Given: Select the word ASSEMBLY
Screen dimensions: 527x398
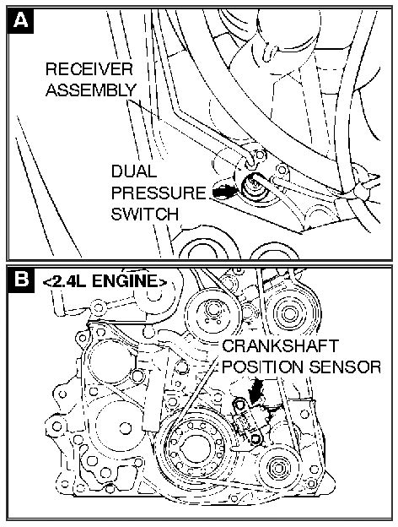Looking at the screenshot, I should point(89,89).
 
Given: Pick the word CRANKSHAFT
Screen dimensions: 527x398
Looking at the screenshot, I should point(272,348).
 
